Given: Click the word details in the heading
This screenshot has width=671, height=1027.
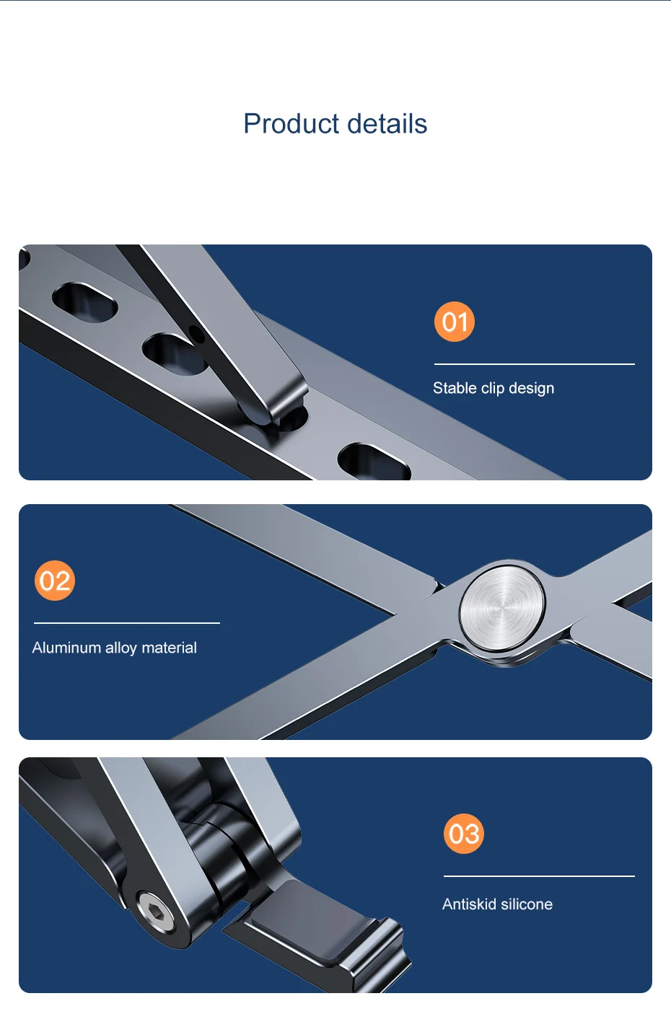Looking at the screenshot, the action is pyautogui.click(x=387, y=124).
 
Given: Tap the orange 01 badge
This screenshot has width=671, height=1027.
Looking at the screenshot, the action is pyautogui.click(x=454, y=322).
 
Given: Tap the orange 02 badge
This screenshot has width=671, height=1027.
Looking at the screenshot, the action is pyautogui.click(x=55, y=581).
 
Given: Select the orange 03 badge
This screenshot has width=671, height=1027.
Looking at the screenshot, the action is pyautogui.click(x=464, y=834).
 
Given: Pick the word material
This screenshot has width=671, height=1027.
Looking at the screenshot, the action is pyautogui.click(x=170, y=648).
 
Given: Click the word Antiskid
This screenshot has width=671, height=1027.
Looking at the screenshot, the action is pyautogui.click(x=469, y=904).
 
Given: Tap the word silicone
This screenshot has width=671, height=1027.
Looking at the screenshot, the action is pyautogui.click(x=527, y=904).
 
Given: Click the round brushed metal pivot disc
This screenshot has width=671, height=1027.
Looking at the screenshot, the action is pyautogui.click(x=503, y=608).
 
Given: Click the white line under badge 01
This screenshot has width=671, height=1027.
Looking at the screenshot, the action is pyautogui.click(x=535, y=364).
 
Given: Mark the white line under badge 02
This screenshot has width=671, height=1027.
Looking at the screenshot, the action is pyautogui.click(x=127, y=623).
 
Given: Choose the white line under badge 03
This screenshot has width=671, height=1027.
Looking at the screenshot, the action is pyautogui.click(x=539, y=876).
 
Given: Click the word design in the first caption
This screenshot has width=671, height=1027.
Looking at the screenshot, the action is pyautogui.click(x=531, y=389).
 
